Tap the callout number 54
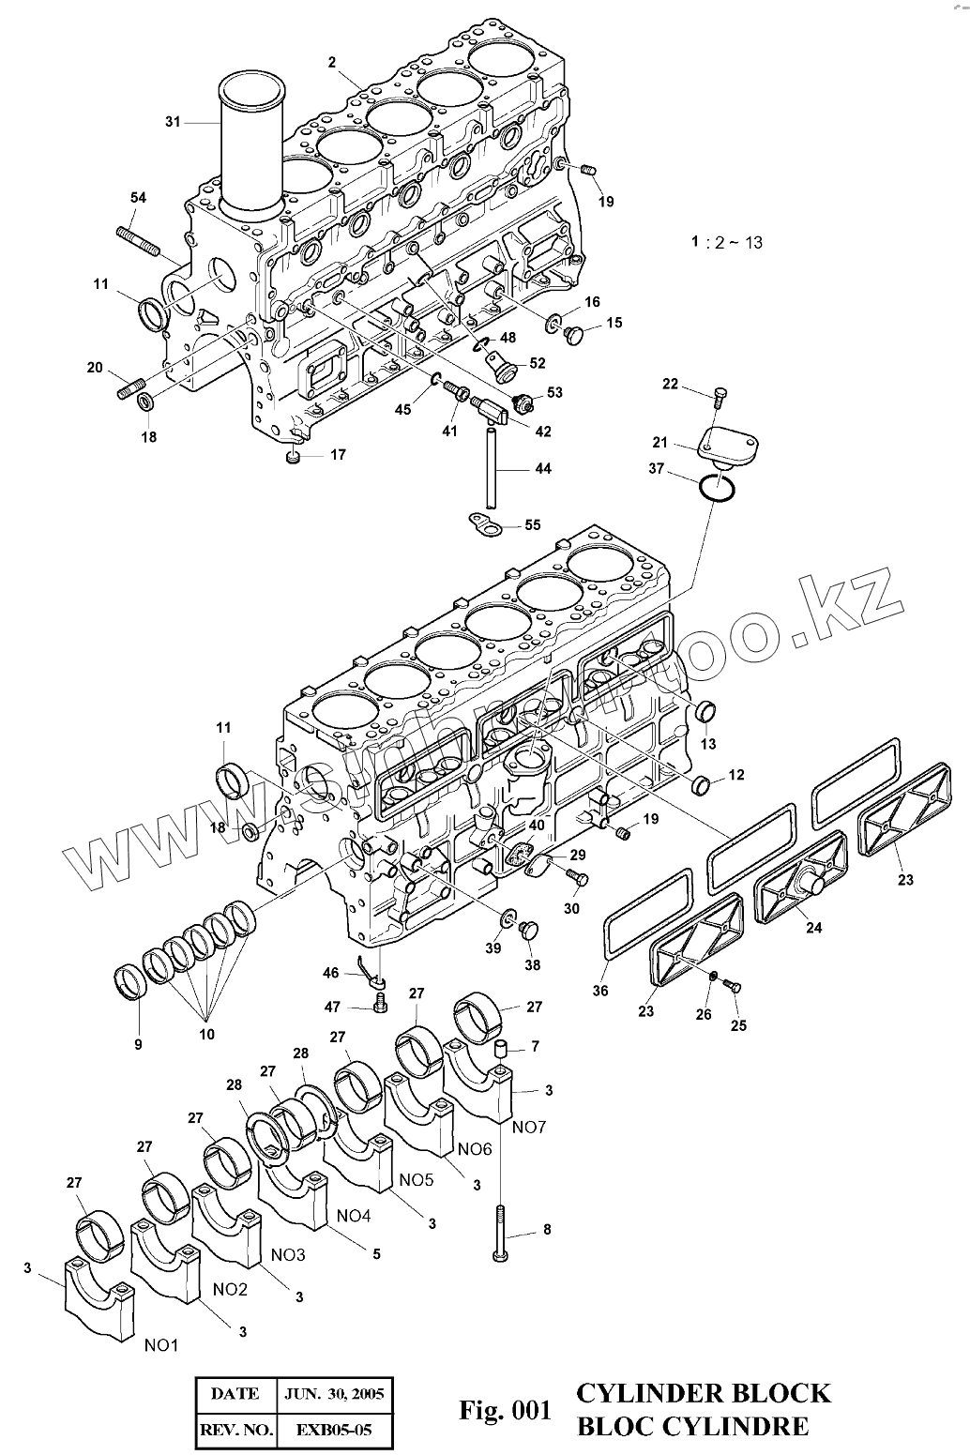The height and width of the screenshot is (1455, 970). tap(138, 198)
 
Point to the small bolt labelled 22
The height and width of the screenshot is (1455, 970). tap(720, 394)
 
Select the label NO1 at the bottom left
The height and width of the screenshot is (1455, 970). tap(161, 1345)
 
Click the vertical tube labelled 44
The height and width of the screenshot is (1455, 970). tap(491, 464)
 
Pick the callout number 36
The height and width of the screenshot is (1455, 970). tap(599, 991)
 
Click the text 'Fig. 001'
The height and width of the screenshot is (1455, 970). tap(503, 1409)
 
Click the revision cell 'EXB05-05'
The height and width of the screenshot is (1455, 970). tap(334, 1431)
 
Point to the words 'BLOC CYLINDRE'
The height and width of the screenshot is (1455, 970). tap(692, 1427)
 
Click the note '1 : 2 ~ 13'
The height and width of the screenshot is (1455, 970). tap(727, 242)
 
